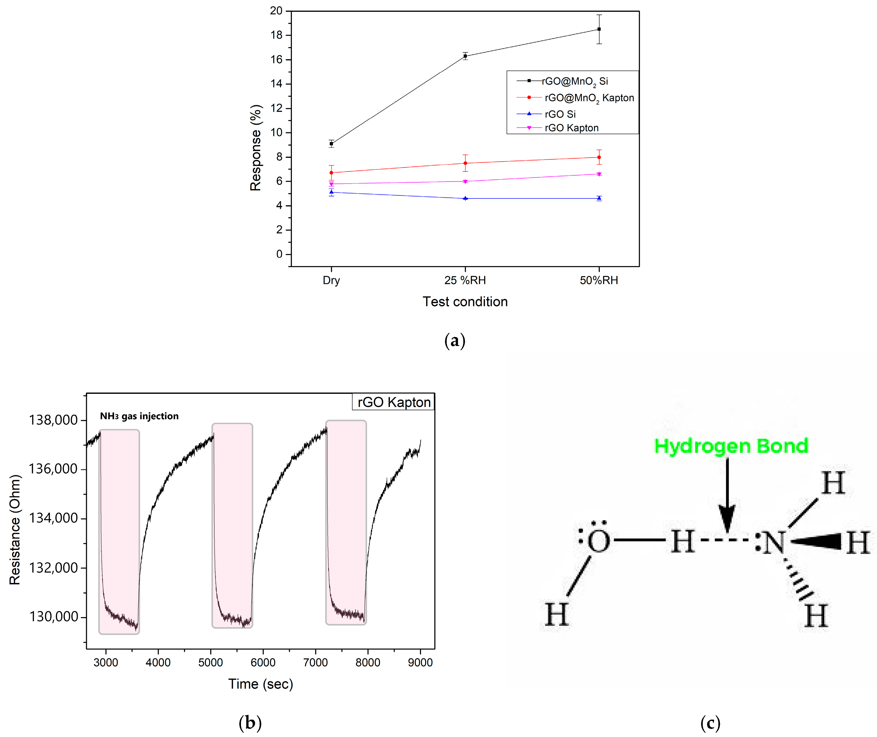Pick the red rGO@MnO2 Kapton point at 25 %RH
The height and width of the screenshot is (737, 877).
pos(465,163)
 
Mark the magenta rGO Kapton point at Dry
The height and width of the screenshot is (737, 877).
pos(331,184)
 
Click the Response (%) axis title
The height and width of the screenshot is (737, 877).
pos(255,148)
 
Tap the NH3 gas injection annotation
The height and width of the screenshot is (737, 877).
pos(139,416)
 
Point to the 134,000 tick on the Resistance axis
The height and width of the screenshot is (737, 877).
pos(53,518)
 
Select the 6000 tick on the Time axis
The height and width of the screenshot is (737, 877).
pos(263,663)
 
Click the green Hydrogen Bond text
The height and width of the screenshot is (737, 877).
pos(731,446)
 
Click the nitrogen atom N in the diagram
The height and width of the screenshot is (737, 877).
pos(773,543)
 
